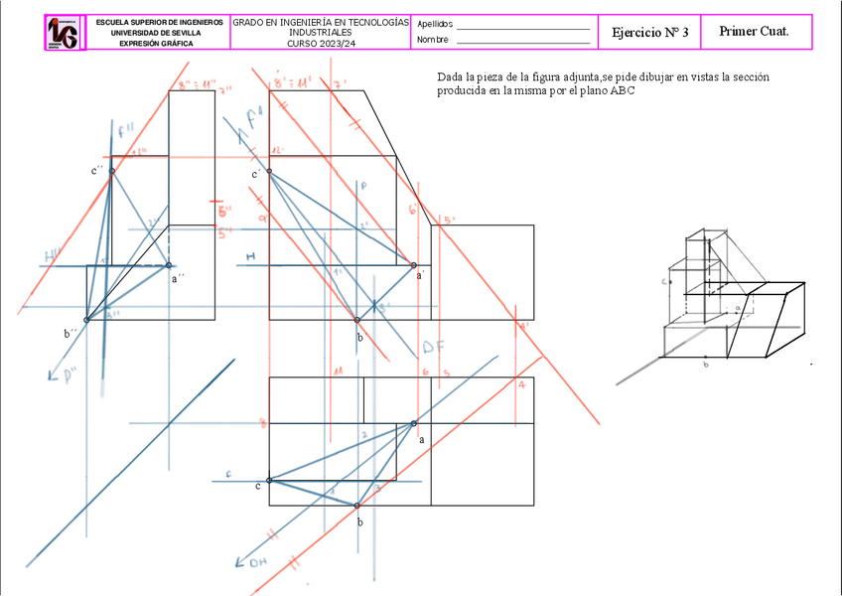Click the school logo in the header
pos(63,33)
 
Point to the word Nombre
pos(433,40)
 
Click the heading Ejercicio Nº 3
pos(649,32)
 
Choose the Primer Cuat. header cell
pos(755,31)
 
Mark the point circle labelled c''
pos(111,171)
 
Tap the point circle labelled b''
pos(86,320)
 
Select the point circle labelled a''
pos(169,265)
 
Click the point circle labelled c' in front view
pos(269,171)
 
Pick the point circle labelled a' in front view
pos(414,264)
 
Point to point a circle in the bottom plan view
pos(413,424)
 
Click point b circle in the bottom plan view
pos(357,506)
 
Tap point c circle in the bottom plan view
pos(269,482)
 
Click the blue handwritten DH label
pos(257,563)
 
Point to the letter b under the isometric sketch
pos(705,366)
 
